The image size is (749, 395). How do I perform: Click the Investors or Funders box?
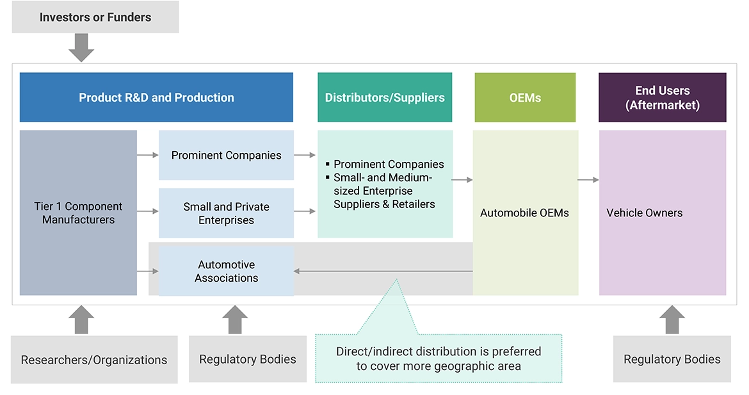click(95, 17)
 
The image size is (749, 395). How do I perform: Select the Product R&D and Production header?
click(156, 97)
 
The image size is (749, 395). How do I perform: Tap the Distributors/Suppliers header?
click(385, 97)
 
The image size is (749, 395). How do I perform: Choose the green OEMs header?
click(525, 97)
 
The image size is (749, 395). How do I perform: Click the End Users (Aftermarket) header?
click(662, 97)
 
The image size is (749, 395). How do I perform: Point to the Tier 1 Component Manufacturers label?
click(78, 213)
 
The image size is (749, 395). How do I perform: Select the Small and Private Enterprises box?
click(226, 213)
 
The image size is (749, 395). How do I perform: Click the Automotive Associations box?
click(226, 271)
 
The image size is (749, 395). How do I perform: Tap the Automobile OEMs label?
click(524, 213)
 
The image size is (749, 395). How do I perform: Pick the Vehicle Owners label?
click(644, 213)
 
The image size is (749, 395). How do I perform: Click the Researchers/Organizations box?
click(94, 360)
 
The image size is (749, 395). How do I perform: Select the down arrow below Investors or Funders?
click(81, 48)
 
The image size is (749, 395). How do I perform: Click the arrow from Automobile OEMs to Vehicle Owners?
click(588, 180)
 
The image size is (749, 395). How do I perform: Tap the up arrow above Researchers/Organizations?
click(81, 319)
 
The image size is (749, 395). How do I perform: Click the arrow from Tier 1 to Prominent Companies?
click(147, 155)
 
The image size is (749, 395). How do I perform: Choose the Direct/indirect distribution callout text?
click(439, 359)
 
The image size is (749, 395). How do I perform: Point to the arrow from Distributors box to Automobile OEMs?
click(462, 180)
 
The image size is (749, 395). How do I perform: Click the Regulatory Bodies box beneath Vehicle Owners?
click(672, 360)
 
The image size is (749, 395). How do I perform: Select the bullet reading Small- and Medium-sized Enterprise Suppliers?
click(383, 191)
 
